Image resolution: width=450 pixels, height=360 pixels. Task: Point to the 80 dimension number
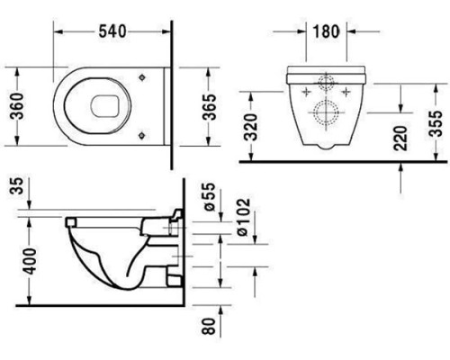point(209,329)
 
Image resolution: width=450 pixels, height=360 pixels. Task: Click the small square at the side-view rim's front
point(71,219)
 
